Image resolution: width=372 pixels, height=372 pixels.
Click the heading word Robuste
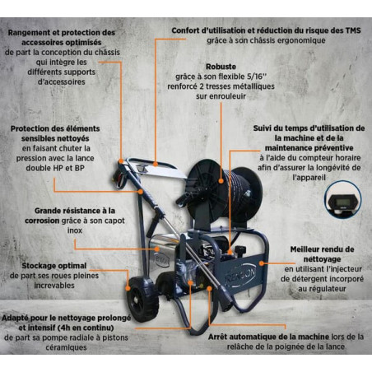[x=221, y=67]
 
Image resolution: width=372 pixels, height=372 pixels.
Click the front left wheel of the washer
[x=142, y=299]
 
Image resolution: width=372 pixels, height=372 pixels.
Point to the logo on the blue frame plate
[x=241, y=275]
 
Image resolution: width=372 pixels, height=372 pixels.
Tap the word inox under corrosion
[x=75, y=230]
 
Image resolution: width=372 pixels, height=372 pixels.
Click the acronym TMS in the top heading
[x=352, y=30]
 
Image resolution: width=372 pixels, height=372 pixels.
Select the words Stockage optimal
[x=54, y=266]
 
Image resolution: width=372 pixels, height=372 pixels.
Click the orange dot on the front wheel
[x=128, y=288]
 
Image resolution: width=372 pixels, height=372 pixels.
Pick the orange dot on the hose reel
[x=221, y=181]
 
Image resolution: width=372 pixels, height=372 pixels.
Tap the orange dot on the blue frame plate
[x=262, y=263]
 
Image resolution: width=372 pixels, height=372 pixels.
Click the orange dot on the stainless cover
[x=157, y=249]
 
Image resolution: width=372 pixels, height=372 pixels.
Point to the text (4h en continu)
[x=86, y=328]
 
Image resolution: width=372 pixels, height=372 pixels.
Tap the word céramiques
[x=66, y=347]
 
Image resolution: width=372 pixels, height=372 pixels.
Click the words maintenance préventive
[x=309, y=148]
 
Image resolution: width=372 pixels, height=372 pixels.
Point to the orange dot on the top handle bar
[x=156, y=165]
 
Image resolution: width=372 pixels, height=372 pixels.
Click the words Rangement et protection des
[x=62, y=33]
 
